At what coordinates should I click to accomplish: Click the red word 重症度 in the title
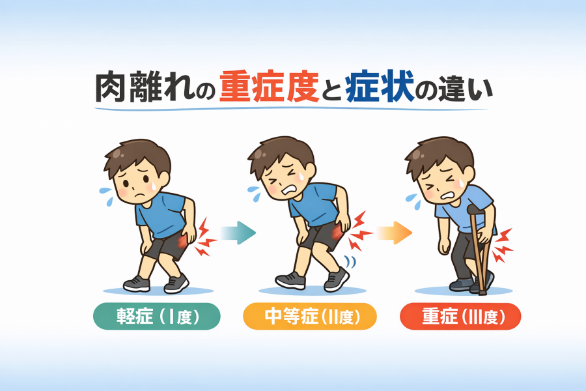point(269,87)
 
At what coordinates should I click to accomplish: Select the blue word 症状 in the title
point(380,87)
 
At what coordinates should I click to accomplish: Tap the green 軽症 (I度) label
point(157,317)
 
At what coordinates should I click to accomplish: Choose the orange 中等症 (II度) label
point(310,317)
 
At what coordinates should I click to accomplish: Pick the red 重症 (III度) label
point(460,317)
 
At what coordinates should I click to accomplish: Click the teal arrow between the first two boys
point(238,233)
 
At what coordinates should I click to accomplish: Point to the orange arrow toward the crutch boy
point(394,233)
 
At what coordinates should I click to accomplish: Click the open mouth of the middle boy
point(290,190)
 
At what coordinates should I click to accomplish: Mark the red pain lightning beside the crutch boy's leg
point(503,245)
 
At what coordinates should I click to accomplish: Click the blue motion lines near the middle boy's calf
point(350,262)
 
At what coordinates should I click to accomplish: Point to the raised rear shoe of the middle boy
point(337,279)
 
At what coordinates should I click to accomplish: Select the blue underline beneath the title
point(291,109)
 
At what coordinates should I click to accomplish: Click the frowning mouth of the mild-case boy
point(139,195)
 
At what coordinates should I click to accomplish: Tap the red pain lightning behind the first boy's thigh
point(205,237)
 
